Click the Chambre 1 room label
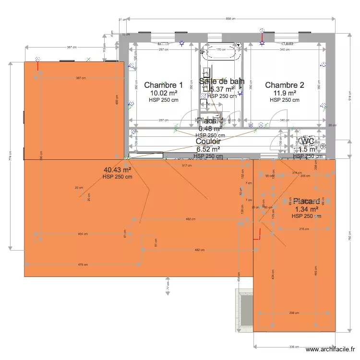[163, 85]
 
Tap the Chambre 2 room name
[285, 85]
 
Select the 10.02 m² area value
[164, 93]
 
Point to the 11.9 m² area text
[285, 93]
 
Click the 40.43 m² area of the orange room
[117, 169]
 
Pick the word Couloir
[208, 142]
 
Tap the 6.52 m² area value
[208, 149]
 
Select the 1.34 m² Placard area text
[306, 209]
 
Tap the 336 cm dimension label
[294, 347]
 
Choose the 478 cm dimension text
[84, 264]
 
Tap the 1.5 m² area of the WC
[306, 149]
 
